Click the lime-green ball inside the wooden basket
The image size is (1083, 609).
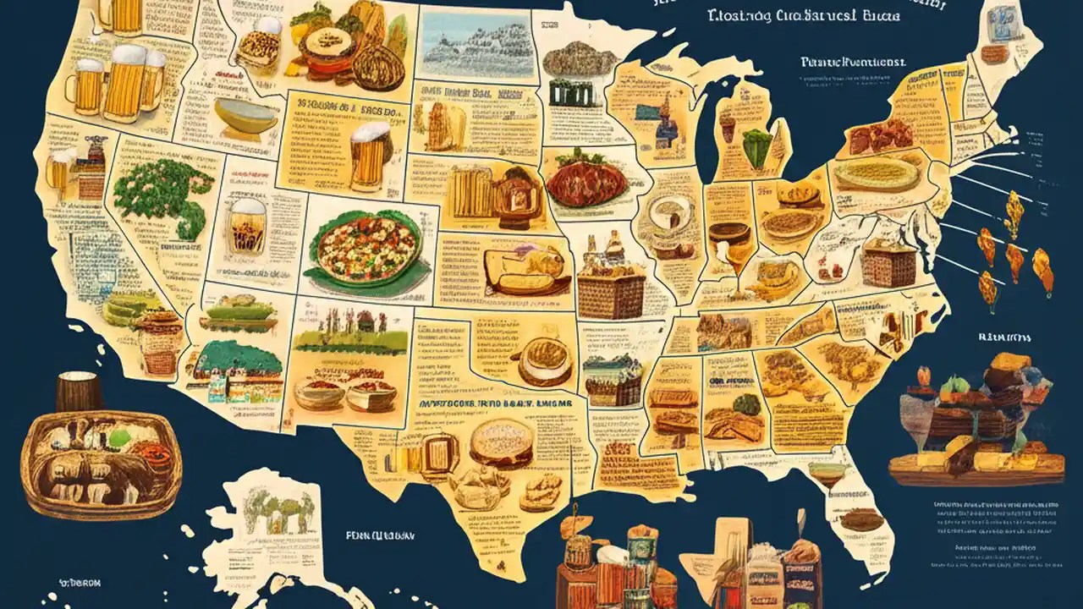coord(119,438)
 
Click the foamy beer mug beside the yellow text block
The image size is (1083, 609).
coord(370,154)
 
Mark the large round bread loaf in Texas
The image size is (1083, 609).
coord(501,441)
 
